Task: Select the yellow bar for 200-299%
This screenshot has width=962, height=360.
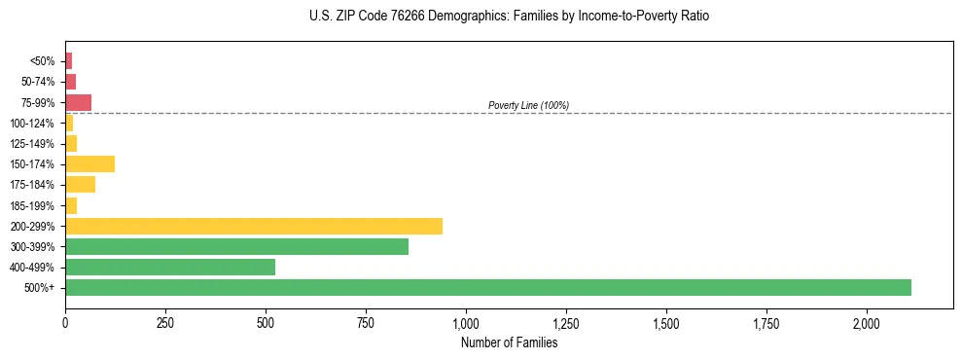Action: pyautogui.click(x=254, y=226)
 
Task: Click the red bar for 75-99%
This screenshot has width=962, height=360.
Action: pyautogui.click(x=78, y=102)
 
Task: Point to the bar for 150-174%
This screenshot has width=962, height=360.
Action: pyautogui.click(x=89, y=163)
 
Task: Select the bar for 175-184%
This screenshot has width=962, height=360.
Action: pyautogui.click(x=80, y=184)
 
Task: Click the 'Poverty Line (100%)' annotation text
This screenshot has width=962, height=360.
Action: pyautogui.click(x=528, y=105)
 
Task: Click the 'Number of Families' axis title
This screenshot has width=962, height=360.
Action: pyautogui.click(x=509, y=342)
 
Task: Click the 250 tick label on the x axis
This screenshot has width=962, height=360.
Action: pyautogui.click(x=165, y=323)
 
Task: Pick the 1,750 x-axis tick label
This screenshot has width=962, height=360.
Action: pyautogui.click(x=766, y=323)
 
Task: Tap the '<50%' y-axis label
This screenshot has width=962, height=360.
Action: pyautogui.click(x=42, y=61)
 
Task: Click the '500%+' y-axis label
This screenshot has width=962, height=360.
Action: pyautogui.click(x=39, y=288)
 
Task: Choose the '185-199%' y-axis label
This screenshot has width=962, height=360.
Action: pyautogui.click(x=32, y=205)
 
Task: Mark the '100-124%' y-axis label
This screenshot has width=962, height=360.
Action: pyautogui.click(x=32, y=124)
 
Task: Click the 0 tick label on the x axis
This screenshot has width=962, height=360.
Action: pyautogui.click(x=65, y=323)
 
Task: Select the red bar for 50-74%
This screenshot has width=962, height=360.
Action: pyautogui.click(x=70, y=82)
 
